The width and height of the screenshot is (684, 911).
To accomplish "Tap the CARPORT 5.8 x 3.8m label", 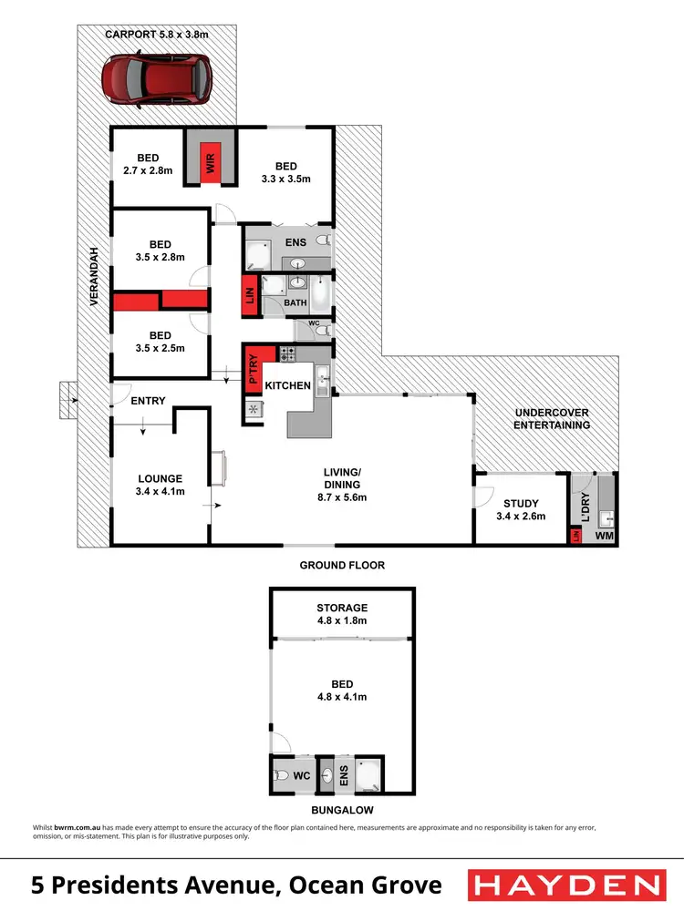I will pos(157,35).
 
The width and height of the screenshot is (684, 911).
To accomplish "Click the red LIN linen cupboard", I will pos(248,295).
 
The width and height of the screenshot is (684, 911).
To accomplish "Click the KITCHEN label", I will pos(287,385).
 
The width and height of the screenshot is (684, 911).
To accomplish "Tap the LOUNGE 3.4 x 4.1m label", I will pos(161,485).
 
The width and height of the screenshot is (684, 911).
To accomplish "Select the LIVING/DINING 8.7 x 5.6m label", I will pos(344,478).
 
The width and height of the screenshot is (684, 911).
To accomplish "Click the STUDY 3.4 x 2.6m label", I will pos(521,509).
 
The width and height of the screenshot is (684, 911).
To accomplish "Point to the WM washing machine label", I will pos(604,537).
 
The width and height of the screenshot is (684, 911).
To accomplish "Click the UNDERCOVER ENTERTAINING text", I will pos(551,419).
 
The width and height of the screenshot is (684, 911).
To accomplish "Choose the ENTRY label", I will pos(148,401).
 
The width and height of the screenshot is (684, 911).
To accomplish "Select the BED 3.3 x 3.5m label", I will pos(286,172).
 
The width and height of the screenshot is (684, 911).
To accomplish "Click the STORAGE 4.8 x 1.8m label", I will pos(342,614).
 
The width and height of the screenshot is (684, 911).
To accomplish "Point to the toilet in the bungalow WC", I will pos(281,776).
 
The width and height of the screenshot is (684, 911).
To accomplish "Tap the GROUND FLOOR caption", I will pos(342,565).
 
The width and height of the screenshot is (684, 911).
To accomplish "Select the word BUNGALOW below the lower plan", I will pos(342,809).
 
